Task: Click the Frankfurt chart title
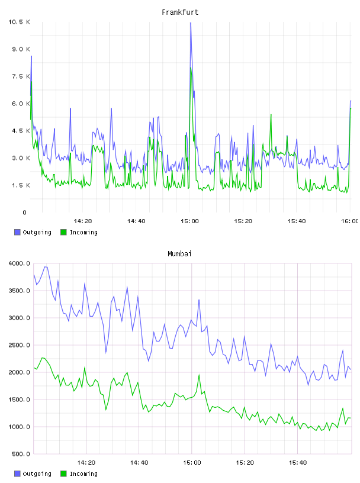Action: (180, 12)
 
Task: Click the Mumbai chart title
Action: (179, 254)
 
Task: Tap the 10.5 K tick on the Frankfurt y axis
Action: (19, 22)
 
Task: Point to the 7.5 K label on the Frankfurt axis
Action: (21, 76)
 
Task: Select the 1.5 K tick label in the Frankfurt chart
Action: (21, 185)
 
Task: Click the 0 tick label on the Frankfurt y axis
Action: (24, 212)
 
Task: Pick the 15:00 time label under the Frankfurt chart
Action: (189, 221)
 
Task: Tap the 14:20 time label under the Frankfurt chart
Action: (83, 221)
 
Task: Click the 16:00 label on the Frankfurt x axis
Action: (349, 221)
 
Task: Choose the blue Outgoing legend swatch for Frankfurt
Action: (17, 232)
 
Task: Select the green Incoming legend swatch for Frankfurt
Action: (63, 232)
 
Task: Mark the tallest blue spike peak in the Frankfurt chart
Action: (191, 23)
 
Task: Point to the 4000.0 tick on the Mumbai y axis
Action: (19, 263)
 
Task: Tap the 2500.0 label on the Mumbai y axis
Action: (19, 345)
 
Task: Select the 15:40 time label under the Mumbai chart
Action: (297, 463)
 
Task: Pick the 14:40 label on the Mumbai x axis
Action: (139, 463)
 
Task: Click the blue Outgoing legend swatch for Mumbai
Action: (17, 474)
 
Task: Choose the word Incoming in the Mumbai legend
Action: (83, 474)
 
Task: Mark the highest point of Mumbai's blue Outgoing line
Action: (46, 267)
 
